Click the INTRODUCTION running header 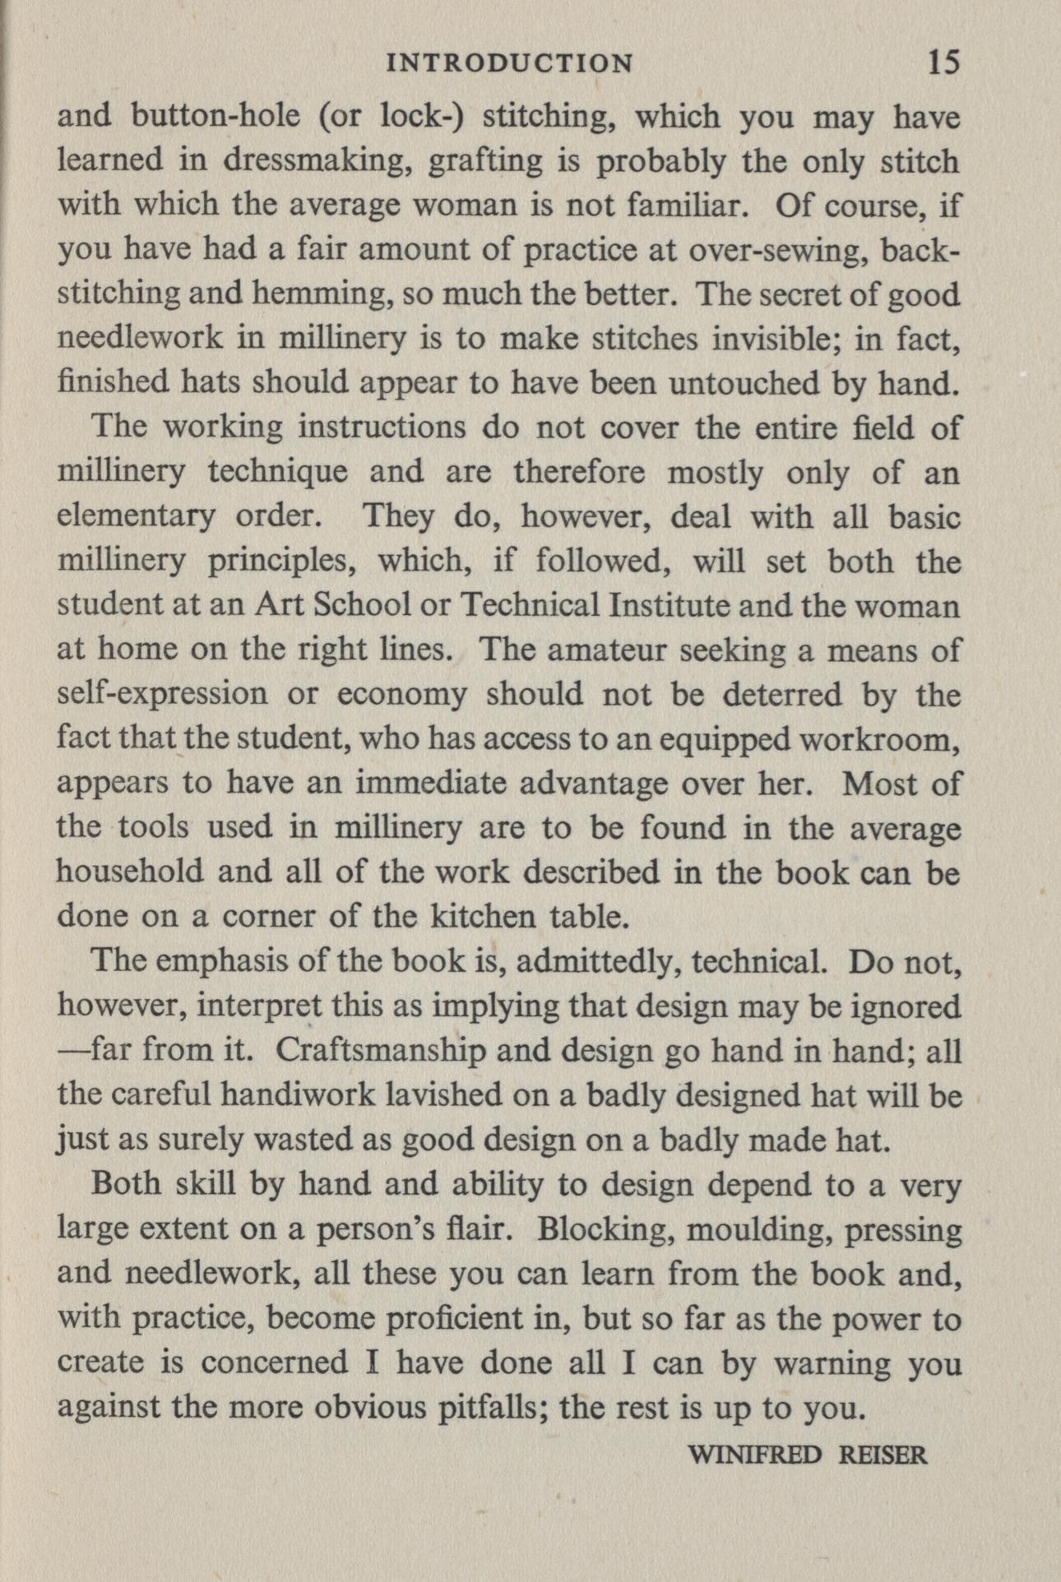click(x=509, y=63)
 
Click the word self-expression click(x=163, y=695)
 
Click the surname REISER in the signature click(x=882, y=1455)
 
